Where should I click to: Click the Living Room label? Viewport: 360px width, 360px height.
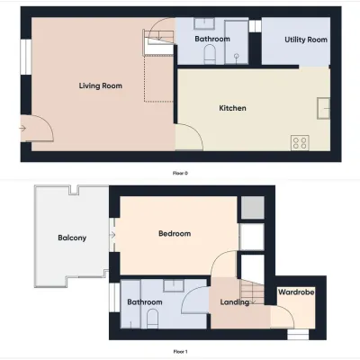[101, 85]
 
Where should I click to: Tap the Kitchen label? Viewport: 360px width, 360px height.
[232, 108]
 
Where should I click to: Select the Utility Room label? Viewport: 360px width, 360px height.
[306, 40]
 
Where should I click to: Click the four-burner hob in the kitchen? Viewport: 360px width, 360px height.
[300, 143]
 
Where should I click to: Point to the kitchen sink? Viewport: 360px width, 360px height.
[323, 108]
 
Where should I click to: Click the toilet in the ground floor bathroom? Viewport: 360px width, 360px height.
[210, 55]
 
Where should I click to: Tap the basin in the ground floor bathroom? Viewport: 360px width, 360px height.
[203, 23]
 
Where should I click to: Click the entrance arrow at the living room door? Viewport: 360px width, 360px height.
[22, 129]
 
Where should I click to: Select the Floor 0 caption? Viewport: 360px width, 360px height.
[180, 173]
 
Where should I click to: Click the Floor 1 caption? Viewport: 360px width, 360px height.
[180, 352]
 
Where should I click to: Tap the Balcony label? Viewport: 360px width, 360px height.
[72, 238]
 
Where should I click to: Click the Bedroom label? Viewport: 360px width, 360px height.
[175, 233]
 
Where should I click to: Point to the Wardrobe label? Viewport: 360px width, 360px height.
[296, 292]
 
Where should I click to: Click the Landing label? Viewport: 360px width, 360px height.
[235, 302]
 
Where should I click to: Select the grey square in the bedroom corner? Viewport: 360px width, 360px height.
[253, 208]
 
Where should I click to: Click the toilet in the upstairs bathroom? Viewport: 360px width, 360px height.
[152, 319]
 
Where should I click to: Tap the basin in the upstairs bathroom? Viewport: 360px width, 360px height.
[174, 285]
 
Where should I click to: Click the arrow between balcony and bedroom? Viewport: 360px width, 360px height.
[112, 235]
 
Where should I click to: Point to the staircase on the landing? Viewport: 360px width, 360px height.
[253, 291]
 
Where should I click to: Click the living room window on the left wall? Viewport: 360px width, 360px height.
[26, 57]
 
